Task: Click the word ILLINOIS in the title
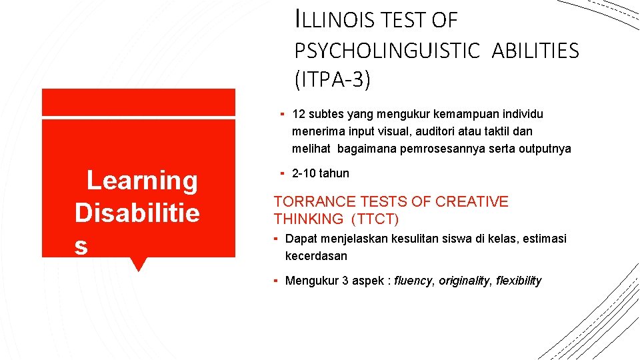click(337, 21)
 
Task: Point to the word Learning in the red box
click(142, 181)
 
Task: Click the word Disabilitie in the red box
click(137, 213)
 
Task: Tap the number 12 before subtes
click(299, 115)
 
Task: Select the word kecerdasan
click(316, 256)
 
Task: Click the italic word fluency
click(413, 281)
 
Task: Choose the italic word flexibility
click(519, 281)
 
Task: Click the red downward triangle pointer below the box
click(138, 264)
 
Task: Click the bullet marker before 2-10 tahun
click(283, 173)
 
